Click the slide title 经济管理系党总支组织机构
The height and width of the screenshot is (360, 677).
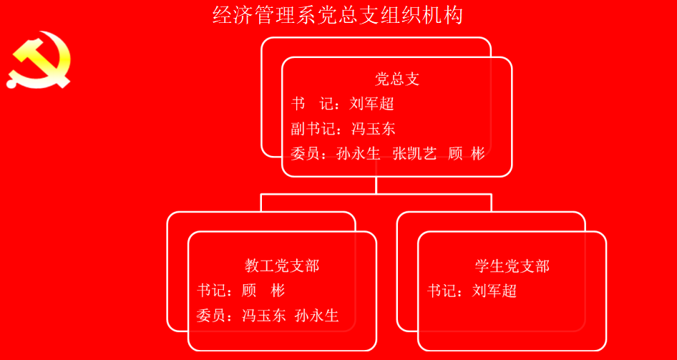[338, 16]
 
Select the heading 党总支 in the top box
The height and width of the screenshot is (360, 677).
[396, 79]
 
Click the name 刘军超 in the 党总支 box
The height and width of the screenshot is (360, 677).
[371, 104]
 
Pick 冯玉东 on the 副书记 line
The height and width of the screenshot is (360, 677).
[374, 129]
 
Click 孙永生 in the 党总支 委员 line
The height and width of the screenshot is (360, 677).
[358, 154]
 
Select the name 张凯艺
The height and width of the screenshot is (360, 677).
[415, 154]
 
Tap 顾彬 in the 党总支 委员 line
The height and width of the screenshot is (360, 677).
[467, 154]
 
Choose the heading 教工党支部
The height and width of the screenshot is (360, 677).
[282, 266]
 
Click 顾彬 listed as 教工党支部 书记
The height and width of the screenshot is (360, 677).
[263, 291]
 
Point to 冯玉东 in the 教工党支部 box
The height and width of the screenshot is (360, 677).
[264, 316]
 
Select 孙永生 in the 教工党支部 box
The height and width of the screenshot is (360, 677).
[317, 316]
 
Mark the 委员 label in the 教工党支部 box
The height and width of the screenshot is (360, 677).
[211, 316]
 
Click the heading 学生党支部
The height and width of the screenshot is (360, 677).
[512, 266]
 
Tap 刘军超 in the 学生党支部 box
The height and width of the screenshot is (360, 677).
[495, 291]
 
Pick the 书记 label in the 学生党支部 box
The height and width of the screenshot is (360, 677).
[442, 291]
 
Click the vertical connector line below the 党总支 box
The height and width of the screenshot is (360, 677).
[376, 185]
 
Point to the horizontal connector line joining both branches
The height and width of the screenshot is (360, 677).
[376, 194]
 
